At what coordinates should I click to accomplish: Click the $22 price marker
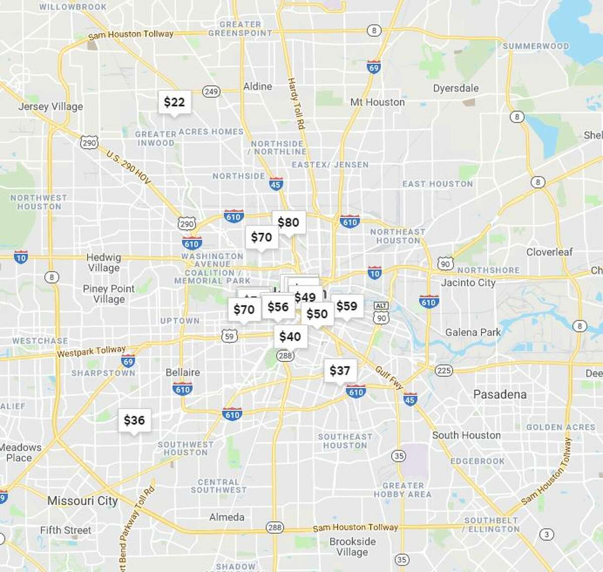[x=174, y=102]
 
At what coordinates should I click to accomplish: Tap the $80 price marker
[x=288, y=222]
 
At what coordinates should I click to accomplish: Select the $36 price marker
[x=134, y=420]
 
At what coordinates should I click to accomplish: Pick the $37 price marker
[x=340, y=371]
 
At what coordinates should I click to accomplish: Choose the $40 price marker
[x=290, y=336]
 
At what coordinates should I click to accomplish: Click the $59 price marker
[x=347, y=306]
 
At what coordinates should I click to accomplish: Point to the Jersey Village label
[x=51, y=107]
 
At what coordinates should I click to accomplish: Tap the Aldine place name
[x=258, y=86]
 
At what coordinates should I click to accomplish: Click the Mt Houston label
[x=377, y=102]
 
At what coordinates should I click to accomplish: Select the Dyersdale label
[x=456, y=88]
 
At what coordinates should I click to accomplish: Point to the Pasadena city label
[x=500, y=395]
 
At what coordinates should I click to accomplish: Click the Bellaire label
[x=183, y=372]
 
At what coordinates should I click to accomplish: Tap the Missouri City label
[x=82, y=501]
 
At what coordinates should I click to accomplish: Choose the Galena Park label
[x=473, y=332]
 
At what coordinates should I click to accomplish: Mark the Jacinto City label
[x=468, y=282]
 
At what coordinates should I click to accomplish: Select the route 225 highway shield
[x=443, y=371]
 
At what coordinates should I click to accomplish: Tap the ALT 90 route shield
[x=381, y=313]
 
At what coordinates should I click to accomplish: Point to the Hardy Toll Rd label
[x=296, y=104]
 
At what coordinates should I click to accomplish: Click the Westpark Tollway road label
[x=91, y=351]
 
